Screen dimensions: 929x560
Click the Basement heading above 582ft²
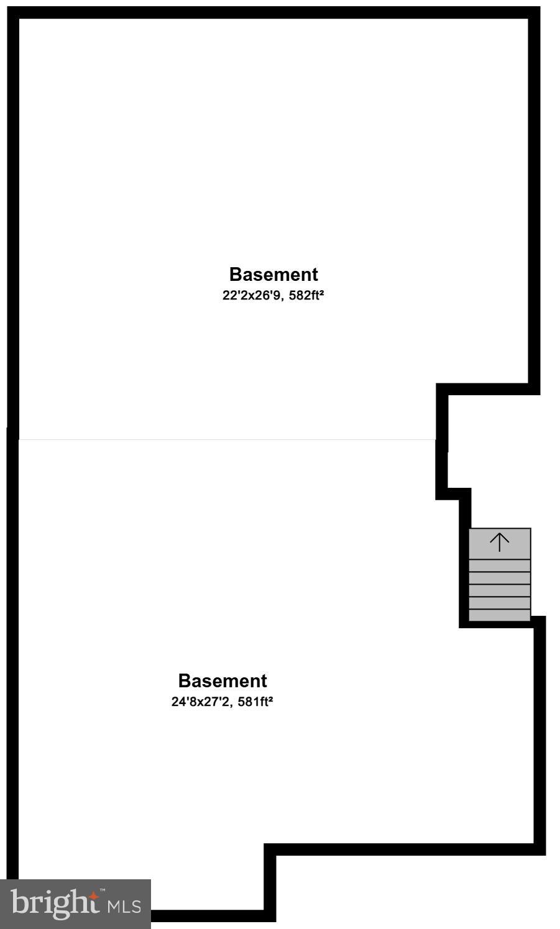coord(273,275)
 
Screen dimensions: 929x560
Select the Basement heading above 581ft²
coord(223,681)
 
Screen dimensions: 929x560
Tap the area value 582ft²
coord(306,296)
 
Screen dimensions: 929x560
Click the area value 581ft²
coord(255,702)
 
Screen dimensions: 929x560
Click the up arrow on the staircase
coord(500,542)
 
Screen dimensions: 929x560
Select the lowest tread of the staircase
coord(500,615)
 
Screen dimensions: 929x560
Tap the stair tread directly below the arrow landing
coord(500,565)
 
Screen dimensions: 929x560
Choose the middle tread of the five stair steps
coord(500,590)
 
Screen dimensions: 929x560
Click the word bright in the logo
coord(55,903)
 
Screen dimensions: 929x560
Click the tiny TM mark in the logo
coord(102,890)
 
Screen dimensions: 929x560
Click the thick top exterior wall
coord(273,12)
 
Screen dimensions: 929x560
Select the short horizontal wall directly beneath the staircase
coord(497,624)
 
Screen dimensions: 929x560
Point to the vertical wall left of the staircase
coord(465,559)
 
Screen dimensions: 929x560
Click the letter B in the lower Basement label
coord(184,681)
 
